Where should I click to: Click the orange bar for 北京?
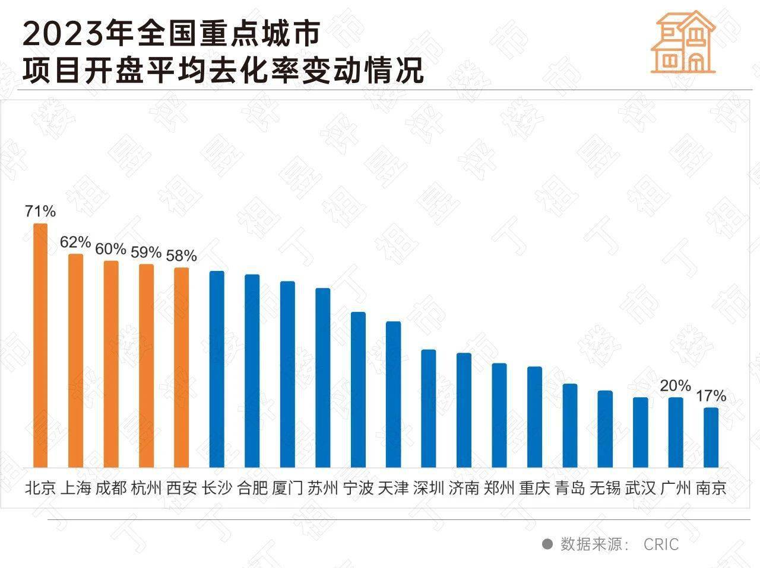(40, 346)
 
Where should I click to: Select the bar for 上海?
(75, 360)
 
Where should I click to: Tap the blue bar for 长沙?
(217, 369)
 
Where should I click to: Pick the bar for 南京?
(711, 438)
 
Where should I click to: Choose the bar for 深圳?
(429, 409)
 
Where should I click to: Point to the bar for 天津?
(394, 394)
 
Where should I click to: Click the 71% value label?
(40, 211)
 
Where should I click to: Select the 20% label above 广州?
(676, 386)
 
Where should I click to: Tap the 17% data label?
(711, 395)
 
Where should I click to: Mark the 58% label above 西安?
(181, 256)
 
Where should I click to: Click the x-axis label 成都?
(110, 489)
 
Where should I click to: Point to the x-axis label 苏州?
(323, 489)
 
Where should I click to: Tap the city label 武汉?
(641, 489)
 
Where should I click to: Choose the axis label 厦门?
(287, 489)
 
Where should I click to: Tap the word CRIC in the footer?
(661, 544)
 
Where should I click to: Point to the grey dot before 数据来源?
(547, 544)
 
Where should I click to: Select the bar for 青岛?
(570, 426)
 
